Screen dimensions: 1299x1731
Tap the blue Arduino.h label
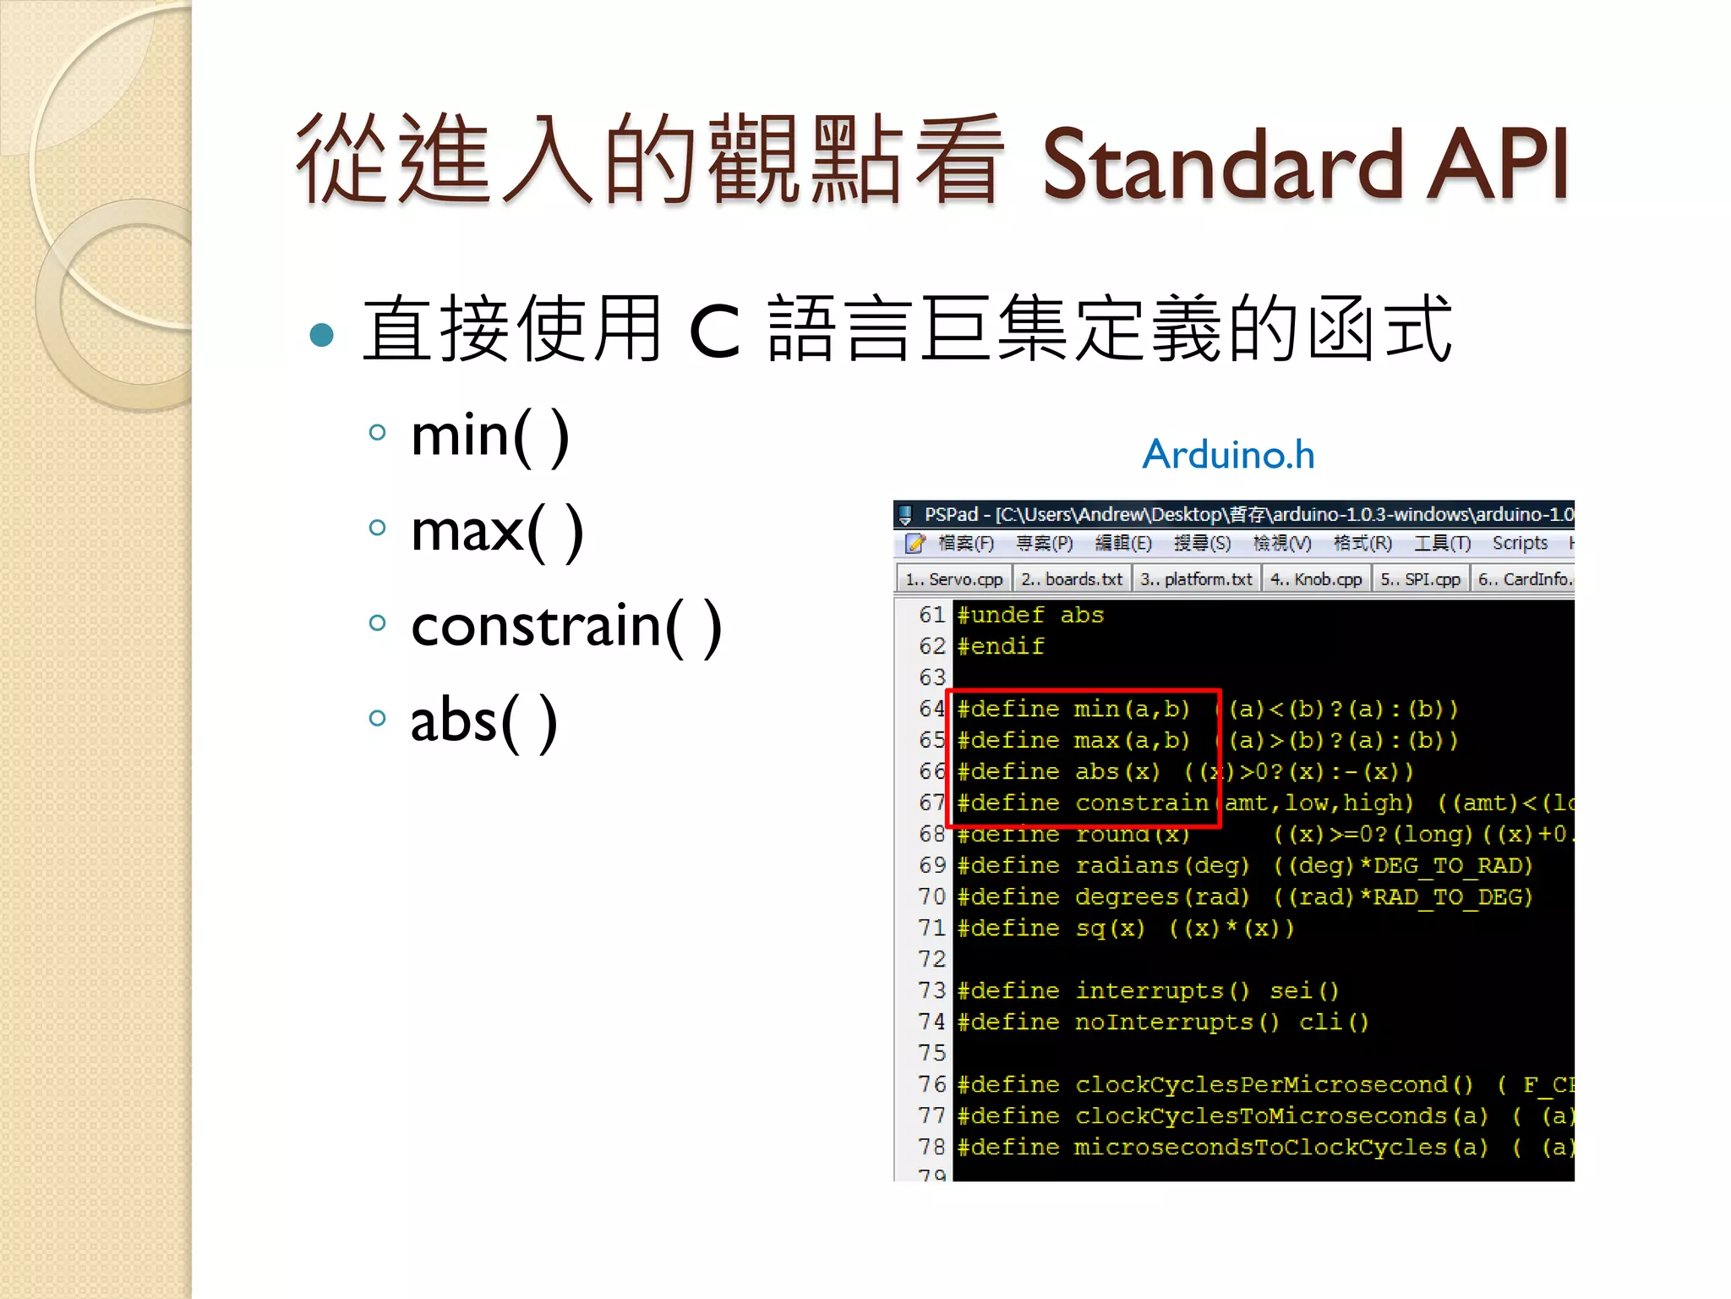tap(1228, 455)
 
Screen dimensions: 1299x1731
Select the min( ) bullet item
tap(489, 436)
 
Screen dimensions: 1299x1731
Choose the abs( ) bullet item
tap(483, 721)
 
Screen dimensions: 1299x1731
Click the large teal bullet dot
tap(322, 336)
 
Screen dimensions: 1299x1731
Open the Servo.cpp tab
tap(954, 579)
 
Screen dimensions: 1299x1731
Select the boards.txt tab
tap(1073, 579)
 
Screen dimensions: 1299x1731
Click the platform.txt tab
tap(1196, 579)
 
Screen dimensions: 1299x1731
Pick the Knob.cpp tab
tap(1316, 579)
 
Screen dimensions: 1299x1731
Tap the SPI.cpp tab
tap(1421, 579)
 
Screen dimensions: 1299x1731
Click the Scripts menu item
tap(1520, 543)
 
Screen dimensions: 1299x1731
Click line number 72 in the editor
tap(931, 959)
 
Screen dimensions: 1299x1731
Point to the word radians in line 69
tap(1128, 865)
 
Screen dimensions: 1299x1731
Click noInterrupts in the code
tap(1164, 1022)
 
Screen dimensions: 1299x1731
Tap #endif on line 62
tap(1001, 646)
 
